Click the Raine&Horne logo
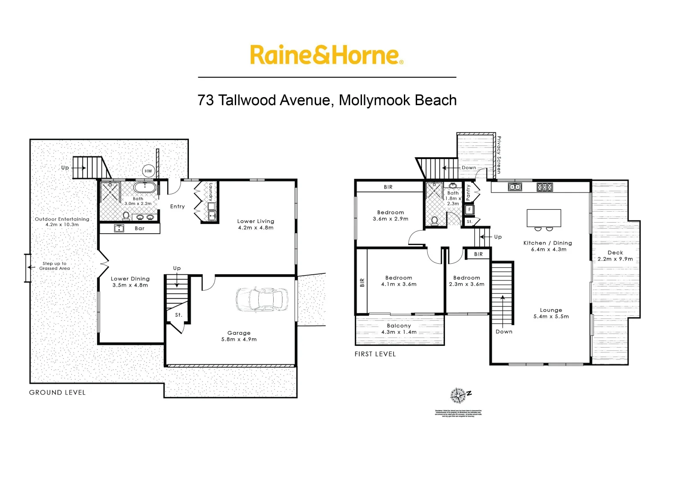(326, 55)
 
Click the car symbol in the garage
(262, 299)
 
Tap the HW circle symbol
(148, 171)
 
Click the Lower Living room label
(256, 224)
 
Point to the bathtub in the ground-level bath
(144, 187)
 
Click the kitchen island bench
(544, 218)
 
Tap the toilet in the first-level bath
(434, 220)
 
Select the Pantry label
(468, 193)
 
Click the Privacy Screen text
(499, 155)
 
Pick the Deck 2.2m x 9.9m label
(615, 256)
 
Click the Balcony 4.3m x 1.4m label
(399, 329)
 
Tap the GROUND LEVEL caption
(57, 392)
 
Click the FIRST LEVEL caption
(375, 354)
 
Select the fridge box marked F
(470, 209)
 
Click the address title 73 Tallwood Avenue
(327, 100)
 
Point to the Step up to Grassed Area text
(54, 266)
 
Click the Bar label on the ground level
(139, 228)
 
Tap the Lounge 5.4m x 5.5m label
(551, 313)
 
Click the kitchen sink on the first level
(515, 187)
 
